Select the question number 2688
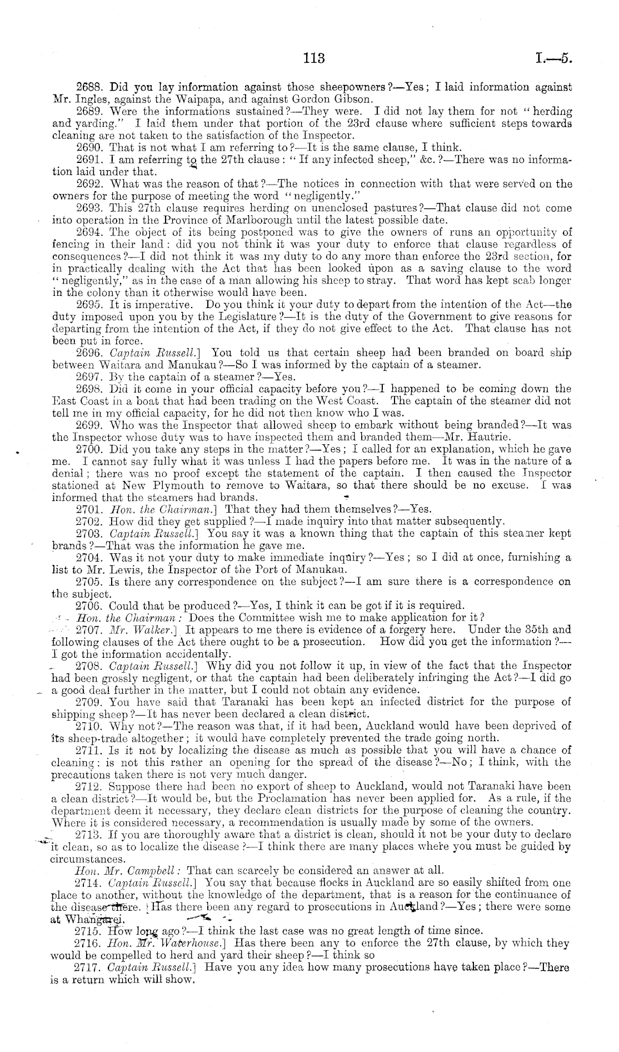[90, 88]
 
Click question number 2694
[90, 232]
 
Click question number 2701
[90, 509]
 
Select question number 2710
[90, 726]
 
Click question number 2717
[90, 967]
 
